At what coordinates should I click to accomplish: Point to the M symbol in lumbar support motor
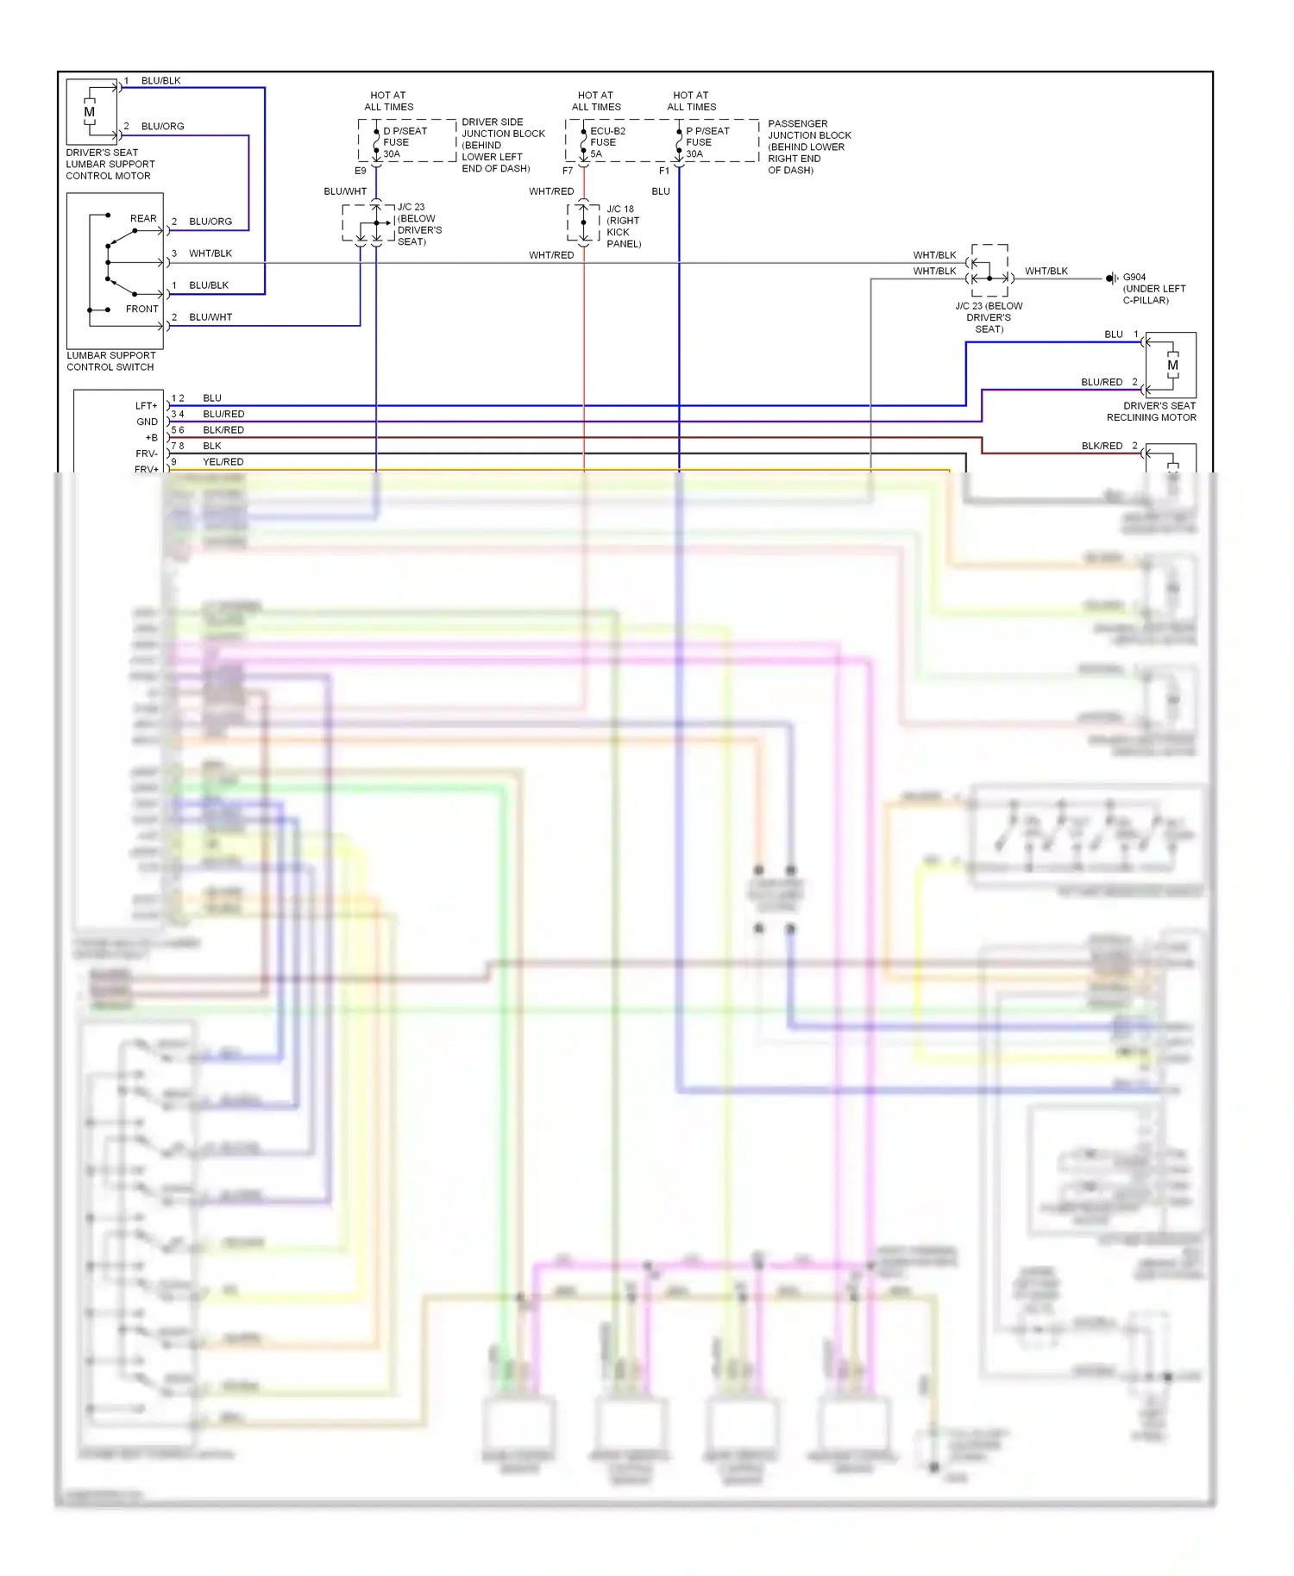pyautogui.click(x=89, y=112)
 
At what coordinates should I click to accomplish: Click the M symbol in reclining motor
pyautogui.click(x=1172, y=366)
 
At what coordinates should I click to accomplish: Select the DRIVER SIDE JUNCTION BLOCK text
pyautogui.click(x=503, y=145)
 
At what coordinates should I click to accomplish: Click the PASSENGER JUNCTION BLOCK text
pyautogui.click(x=809, y=147)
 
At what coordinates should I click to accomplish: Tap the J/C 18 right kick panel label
pyautogui.click(x=623, y=227)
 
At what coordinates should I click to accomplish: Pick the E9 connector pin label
pyautogui.click(x=361, y=171)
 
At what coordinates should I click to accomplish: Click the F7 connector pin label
pyautogui.click(x=568, y=171)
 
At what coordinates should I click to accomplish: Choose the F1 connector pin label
pyautogui.click(x=664, y=171)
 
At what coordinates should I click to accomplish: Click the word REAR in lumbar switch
pyautogui.click(x=143, y=219)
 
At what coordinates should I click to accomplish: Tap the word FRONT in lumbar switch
pyautogui.click(x=142, y=309)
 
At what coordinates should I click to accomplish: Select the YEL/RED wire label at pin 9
pyautogui.click(x=223, y=462)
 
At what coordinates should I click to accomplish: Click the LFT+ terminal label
pyautogui.click(x=146, y=406)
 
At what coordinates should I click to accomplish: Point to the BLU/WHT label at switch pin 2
pyautogui.click(x=210, y=317)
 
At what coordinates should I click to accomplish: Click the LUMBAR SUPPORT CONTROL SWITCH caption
pyautogui.click(x=111, y=361)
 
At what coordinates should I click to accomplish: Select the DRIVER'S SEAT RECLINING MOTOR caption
pyautogui.click(x=1151, y=411)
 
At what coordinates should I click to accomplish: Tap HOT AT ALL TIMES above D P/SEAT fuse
pyautogui.click(x=388, y=101)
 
